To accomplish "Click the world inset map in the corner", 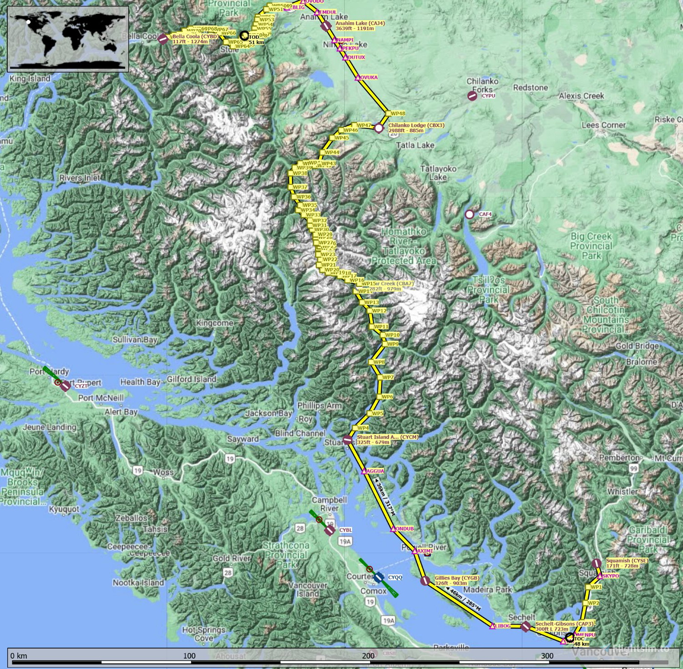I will [x=68, y=39].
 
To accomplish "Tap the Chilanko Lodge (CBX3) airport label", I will [x=416, y=128].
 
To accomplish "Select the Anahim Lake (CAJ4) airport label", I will [x=360, y=26].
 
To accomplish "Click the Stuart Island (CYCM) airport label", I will [x=387, y=439].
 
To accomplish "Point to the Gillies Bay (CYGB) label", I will [x=457, y=581].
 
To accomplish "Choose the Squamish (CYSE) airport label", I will [x=626, y=563].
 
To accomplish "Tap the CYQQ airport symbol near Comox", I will [x=379, y=578].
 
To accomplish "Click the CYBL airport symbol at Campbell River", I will [x=329, y=530].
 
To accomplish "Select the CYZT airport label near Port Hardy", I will [x=81, y=386].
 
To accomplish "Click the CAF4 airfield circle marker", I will [x=469, y=214].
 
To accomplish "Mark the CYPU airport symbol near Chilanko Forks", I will [x=472, y=96].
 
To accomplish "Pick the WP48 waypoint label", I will [x=398, y=113].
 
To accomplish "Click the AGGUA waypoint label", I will [x=375, y=471].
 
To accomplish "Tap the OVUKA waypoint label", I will [x=369, y=78].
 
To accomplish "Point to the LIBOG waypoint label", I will [x=502, y=626].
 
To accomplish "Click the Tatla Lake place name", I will [x=415, y=145].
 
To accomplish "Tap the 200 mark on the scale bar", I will [x=368, y=656].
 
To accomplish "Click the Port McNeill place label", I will [x=101, y=398].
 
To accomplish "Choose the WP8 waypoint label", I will [x=379, y=362].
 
